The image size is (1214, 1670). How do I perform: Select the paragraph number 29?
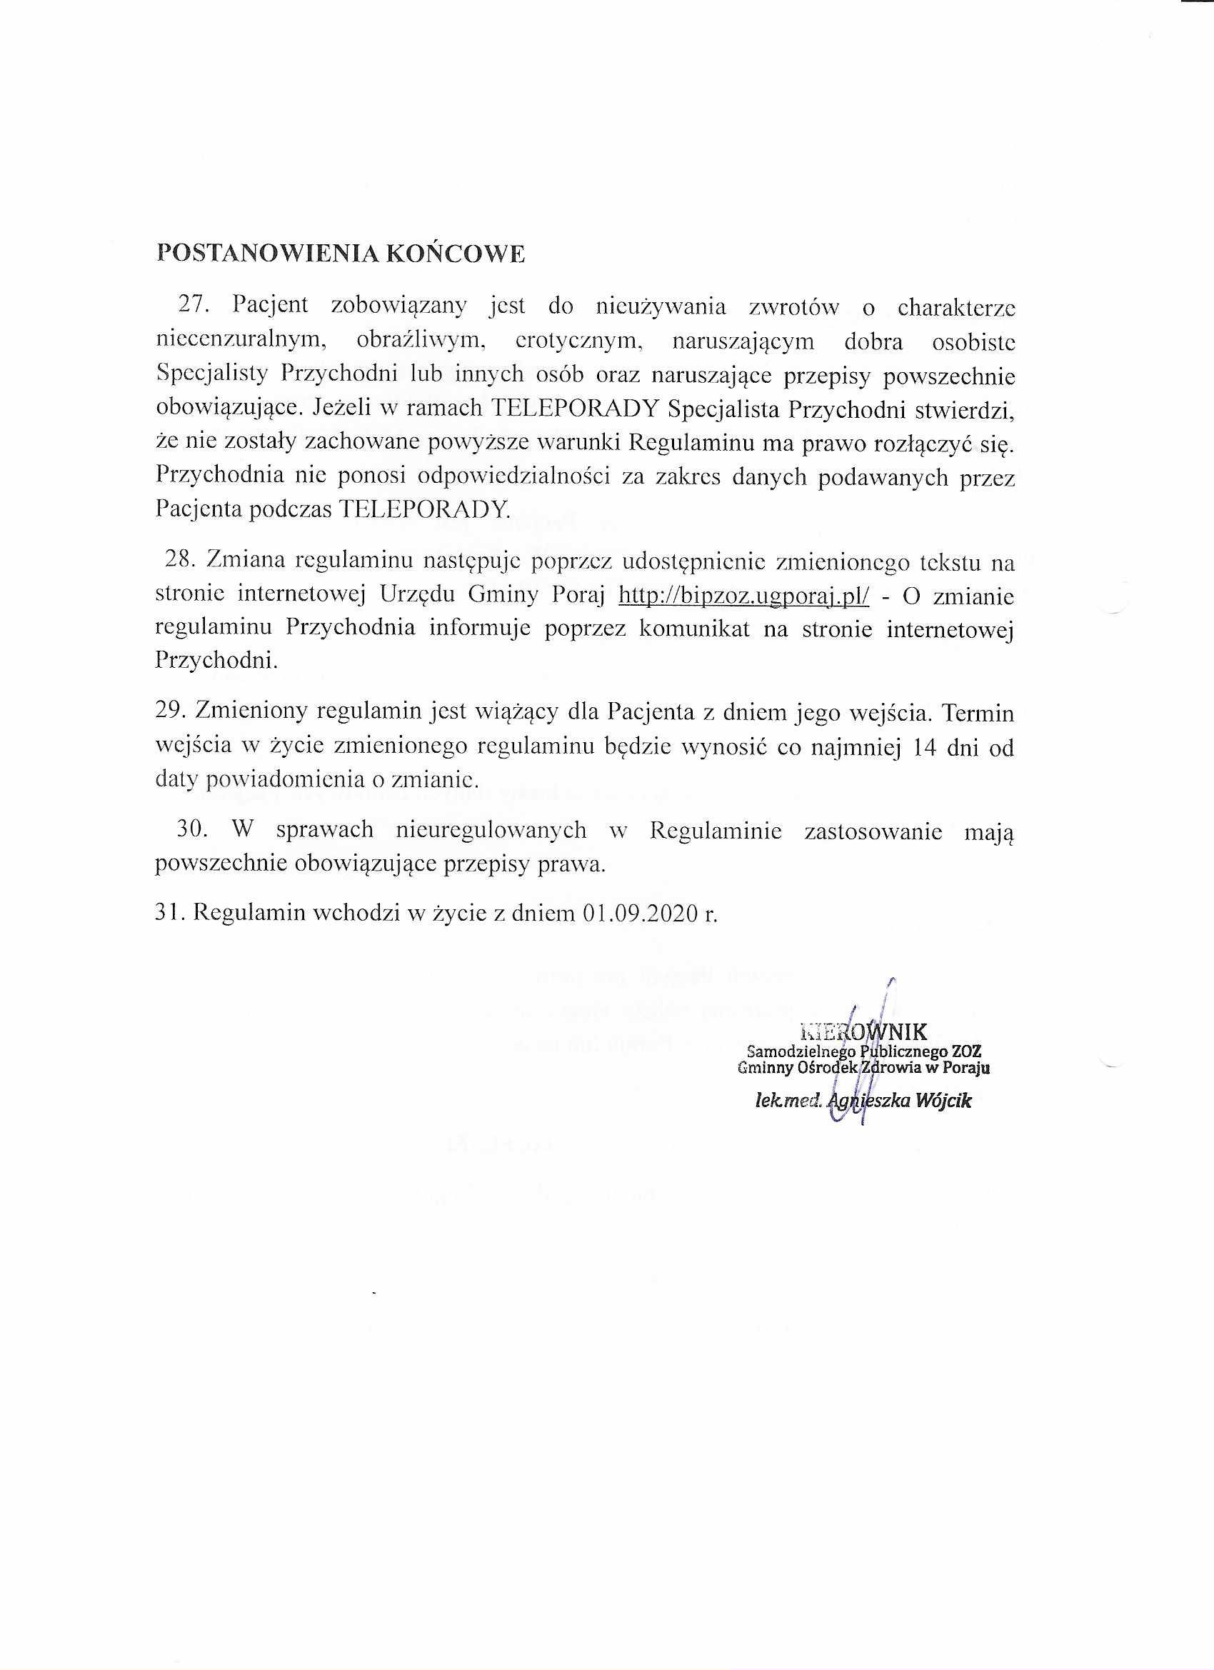[x=170, y=712]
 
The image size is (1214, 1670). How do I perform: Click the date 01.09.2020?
[x=640, y=913]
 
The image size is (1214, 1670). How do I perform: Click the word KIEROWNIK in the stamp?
[x=862, y=1031]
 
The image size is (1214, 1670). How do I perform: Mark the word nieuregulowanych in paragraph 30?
[x=491, y=830]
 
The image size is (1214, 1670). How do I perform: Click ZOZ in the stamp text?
[x=967, y=1051]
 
